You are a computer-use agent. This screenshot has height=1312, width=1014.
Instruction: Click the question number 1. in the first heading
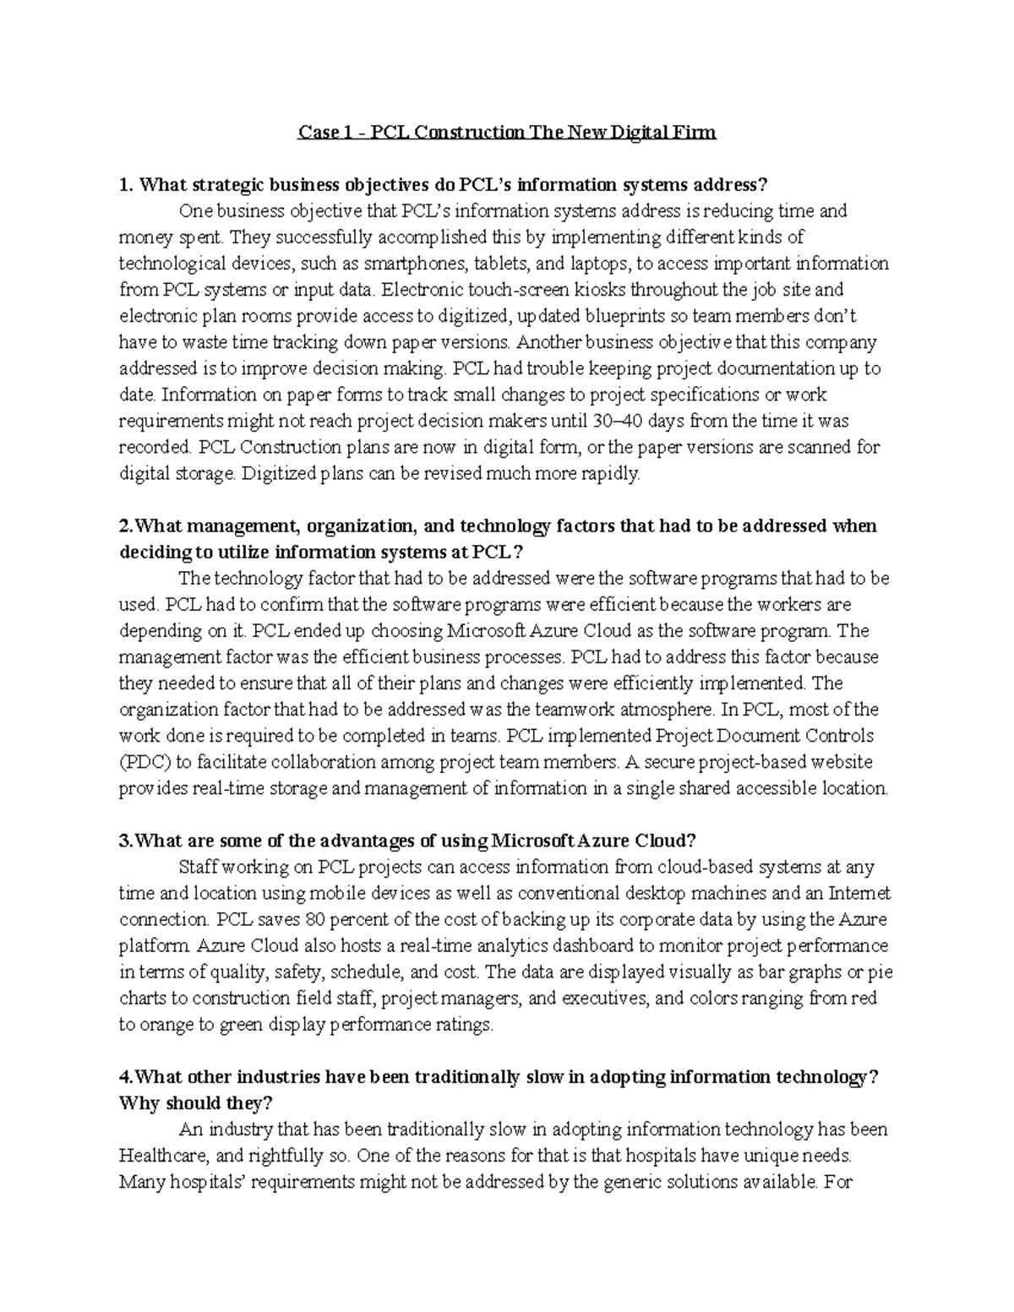click(x=127, y=185)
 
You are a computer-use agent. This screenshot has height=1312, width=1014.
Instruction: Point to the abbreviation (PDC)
click(x=145, y=762)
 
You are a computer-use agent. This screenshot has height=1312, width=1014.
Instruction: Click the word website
click(x=842, y=762)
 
